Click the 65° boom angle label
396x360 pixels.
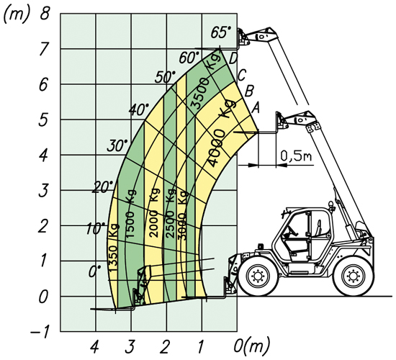coord(221,32)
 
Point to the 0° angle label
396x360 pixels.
coord(95,271)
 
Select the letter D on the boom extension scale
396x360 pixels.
coord(233,59)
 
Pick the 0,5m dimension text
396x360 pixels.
coord(296,156)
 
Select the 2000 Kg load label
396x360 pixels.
coord(154,212)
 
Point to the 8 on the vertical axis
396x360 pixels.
coord(45,13)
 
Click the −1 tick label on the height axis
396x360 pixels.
coord(40,332)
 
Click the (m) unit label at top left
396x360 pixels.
coord(16,14)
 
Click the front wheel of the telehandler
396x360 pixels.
coord(257,276)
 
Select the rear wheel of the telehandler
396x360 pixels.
coord(353,276)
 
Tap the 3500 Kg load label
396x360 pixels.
coord(206,81)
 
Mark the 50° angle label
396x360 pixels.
coord(166,76)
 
